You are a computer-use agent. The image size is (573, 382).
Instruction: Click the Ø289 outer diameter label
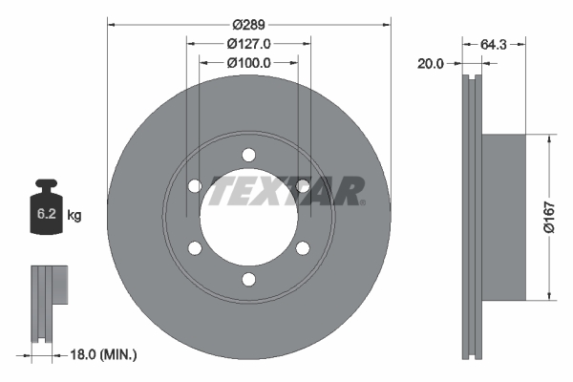[248, 23]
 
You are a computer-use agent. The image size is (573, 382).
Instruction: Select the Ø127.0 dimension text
[248, 43]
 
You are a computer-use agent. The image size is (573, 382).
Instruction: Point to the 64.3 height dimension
[494, 43]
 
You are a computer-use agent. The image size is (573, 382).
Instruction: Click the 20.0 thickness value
[432, 63]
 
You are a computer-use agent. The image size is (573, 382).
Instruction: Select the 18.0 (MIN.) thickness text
[104, 355]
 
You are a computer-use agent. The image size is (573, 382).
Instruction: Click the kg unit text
[74, 216]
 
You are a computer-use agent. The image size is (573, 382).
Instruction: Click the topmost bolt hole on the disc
[248, 155]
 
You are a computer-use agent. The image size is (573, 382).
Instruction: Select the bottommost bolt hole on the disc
[248, 279]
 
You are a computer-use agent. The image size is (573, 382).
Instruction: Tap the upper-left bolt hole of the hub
[195, 186]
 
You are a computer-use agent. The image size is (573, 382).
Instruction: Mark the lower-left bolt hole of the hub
[195, 248]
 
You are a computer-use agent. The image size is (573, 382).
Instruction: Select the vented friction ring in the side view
[471, 217]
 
